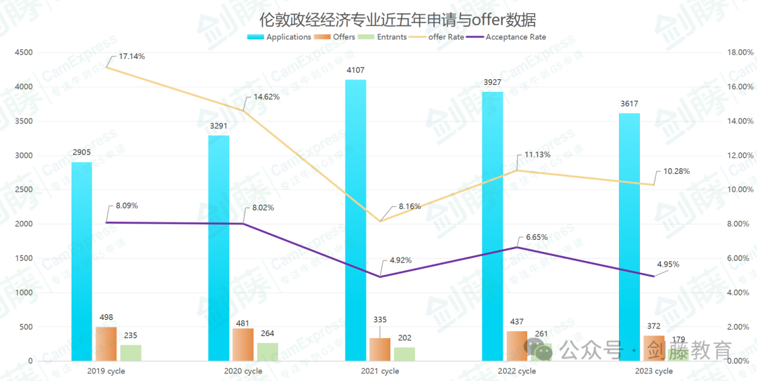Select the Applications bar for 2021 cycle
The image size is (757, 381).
[355, 218]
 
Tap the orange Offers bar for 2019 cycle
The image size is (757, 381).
[106, 344]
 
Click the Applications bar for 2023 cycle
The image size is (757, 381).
[629, 235]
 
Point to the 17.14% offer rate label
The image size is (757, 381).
[132, 56]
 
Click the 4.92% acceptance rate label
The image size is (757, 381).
[401, 260]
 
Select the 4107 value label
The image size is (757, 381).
[355, 70]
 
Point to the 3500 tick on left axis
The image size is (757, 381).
[24, 121]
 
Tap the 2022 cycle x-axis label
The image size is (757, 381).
[517, 371]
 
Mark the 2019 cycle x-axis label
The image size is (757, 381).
[107, 371]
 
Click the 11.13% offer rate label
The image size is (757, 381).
[538, 155]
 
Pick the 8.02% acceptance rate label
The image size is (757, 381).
[264, 208]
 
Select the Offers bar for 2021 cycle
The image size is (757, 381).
[379, 349]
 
